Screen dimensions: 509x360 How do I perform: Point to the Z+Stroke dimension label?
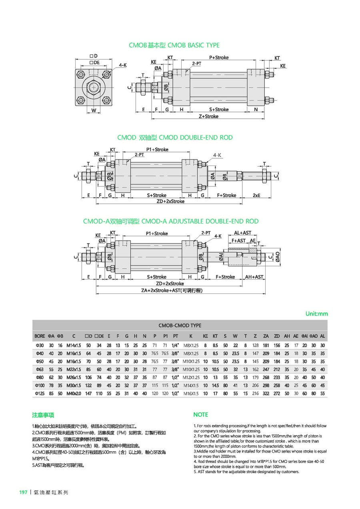[x=208, y=116]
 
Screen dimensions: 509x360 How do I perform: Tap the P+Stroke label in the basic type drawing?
[x=219, y=58]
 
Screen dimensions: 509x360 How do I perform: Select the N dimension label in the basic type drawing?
[x=256, y=109]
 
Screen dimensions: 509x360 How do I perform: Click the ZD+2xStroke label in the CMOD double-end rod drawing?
[x=171, y=202]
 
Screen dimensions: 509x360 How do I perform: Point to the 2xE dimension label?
[x=256, y=196]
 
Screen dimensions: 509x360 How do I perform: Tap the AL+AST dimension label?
[x=242, y=233]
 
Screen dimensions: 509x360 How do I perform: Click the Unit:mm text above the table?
[x=316, y=314]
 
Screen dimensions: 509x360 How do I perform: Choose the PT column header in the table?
[x=175, y=336]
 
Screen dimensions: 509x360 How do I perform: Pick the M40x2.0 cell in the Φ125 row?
[x=74, y=393]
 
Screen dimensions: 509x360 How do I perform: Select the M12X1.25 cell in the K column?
[x=191, y=377]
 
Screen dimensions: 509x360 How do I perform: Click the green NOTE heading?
[x=200, y=415]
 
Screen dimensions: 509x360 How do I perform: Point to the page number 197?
[x=23, y=492]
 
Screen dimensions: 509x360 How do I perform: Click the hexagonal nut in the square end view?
[x=94, y=86]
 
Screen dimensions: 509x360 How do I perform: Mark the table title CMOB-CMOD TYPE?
[x=180, y=325]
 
